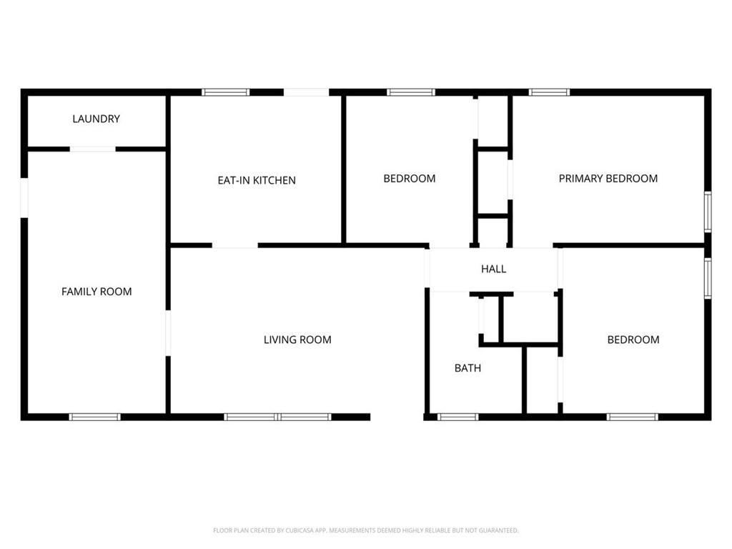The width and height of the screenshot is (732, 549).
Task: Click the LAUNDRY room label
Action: [97, 119]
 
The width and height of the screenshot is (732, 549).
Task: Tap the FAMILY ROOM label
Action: [97, 292]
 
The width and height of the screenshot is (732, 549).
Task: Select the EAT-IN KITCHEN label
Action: [257, 180]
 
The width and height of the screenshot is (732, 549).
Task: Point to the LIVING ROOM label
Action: [297, 340]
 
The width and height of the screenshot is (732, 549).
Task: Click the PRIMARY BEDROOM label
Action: [608, 178]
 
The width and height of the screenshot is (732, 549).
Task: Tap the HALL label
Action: [493, 269]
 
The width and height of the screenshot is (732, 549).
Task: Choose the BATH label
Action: [468, 368]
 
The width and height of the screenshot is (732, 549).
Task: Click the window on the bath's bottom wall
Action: [457, 417]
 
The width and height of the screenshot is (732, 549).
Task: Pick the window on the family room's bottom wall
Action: [95, 417]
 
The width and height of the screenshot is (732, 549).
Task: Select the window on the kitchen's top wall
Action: [225, 92]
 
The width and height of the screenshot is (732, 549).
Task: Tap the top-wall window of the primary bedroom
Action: [549, 92]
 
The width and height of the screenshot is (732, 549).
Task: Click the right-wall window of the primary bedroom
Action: [708, 212]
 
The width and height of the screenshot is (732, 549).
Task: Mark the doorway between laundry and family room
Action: [92, 149]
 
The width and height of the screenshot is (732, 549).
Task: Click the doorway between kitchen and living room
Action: [234, 246]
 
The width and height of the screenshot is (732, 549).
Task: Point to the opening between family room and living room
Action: [168, 333]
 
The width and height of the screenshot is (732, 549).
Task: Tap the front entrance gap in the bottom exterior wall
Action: [397, 417]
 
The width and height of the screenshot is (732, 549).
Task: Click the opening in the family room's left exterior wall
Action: [24, 197]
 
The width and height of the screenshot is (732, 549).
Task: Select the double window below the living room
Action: [278, 417]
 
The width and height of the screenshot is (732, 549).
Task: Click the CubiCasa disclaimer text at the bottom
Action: [365, 530]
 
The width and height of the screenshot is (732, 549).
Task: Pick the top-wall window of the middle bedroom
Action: [411, 92]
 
